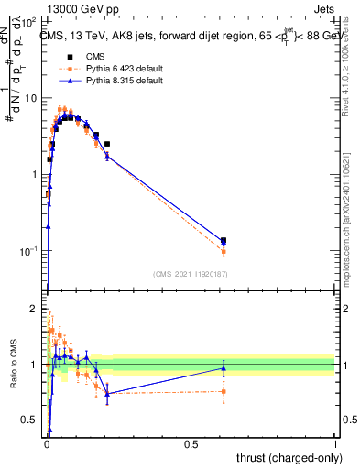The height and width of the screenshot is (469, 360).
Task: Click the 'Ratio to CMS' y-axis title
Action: (x=14, y=366)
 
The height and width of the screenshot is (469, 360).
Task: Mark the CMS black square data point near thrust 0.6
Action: (x=224, y=241)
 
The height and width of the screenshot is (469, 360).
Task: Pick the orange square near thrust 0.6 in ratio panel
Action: (x=224, y=391)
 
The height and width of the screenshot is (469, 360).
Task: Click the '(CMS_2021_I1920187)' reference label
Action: (x=191, y=274)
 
